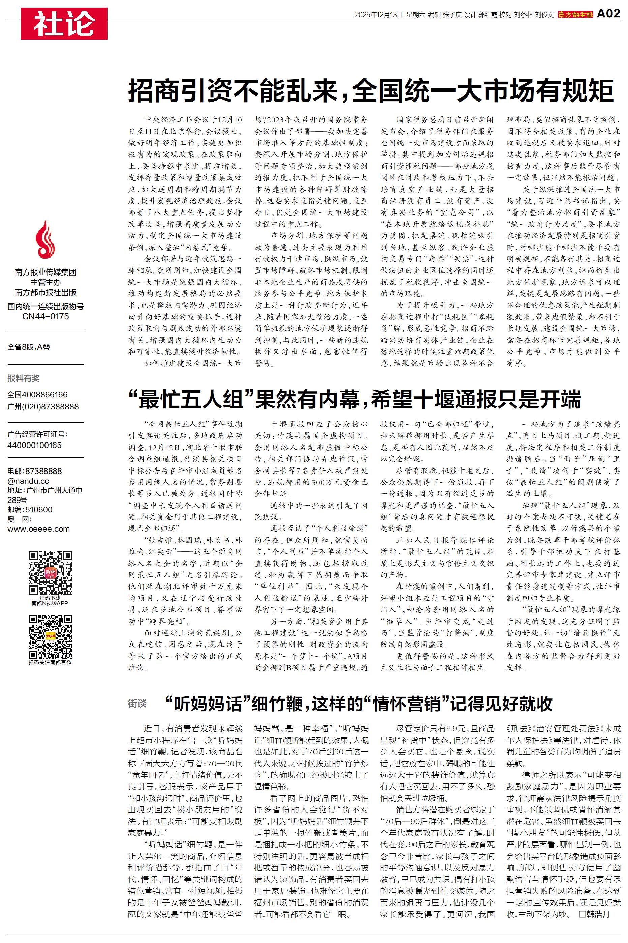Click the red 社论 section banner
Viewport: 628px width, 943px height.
[x=64, y=24]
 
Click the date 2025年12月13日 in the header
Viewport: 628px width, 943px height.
[x=378, y=15]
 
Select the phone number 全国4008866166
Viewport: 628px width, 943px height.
[x=38, y=395]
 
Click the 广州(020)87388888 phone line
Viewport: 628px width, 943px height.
[x=43, y=407]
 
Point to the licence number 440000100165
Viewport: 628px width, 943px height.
[x=34, y=445]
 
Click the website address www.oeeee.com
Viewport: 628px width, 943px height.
[x=38, y=529]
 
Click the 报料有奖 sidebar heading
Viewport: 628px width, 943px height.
[x=24, y=378]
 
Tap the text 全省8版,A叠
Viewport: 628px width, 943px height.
[x=29, y=347]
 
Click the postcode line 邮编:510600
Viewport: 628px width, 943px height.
[x=30, y=510]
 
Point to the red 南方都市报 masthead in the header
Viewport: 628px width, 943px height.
[x=575, y=15]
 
